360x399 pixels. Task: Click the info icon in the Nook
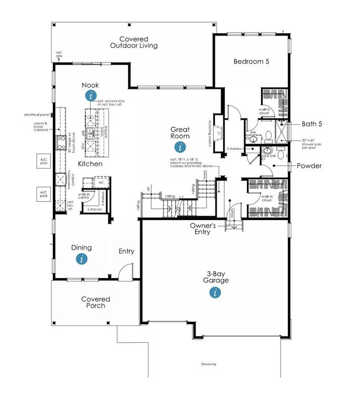91,96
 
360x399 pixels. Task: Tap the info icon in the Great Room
180,147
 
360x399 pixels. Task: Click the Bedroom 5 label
251,61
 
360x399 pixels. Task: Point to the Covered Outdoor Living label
134,42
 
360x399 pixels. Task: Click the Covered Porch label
95,303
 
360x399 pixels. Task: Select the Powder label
309,166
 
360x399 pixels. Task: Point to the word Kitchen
90,164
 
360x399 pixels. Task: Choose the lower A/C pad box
43,195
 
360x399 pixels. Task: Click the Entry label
126,251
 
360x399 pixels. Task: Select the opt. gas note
58,55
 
